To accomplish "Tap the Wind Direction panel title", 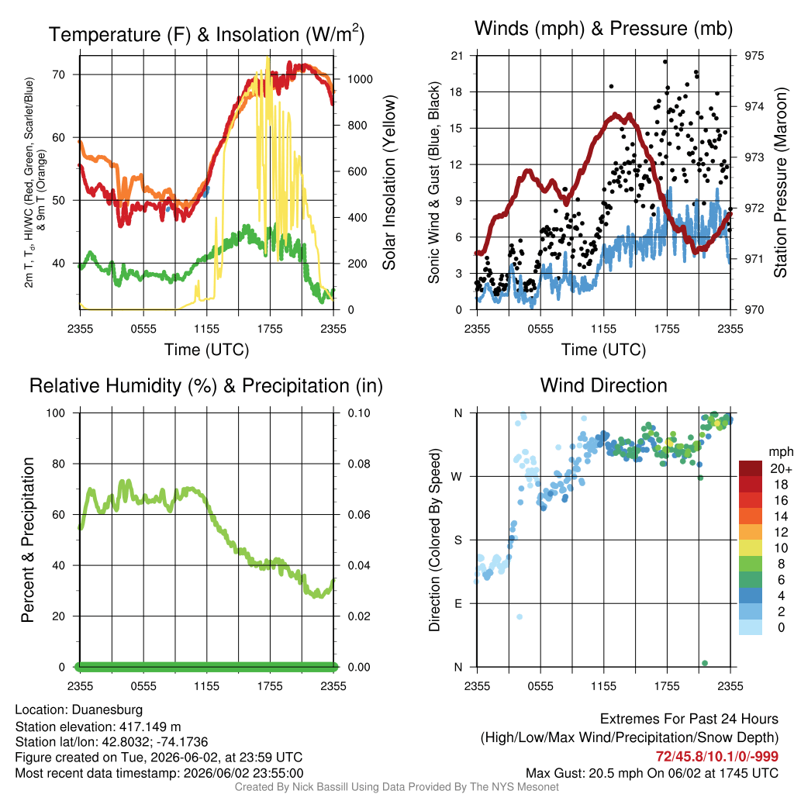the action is coord(603,385).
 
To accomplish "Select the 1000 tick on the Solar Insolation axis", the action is coord(360,79).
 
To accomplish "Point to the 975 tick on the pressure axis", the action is coord(754,56).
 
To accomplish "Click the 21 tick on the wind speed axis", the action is coord(457,56).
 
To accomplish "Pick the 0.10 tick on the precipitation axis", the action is coord(359,413).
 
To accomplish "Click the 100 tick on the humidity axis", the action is coord(56,413).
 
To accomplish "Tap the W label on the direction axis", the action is coord(457,477).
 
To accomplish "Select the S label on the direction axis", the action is coord(457,540).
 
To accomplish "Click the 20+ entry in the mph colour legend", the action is coord(780,469).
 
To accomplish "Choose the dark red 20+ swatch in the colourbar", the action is coord(751,469).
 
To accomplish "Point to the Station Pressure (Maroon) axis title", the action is coord(780,182).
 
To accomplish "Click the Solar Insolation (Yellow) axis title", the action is coord(388,182).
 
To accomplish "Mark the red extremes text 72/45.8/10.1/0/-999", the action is coord(717,757).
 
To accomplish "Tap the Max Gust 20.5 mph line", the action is coord(652,773).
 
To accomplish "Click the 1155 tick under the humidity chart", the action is coord(206,686).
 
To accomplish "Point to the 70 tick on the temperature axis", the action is coord(59,75).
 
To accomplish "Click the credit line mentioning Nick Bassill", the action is coord(396,787).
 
